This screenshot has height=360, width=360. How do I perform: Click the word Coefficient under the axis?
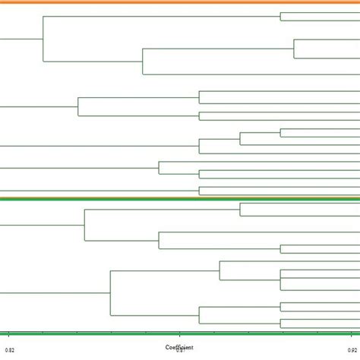tap(180, 346)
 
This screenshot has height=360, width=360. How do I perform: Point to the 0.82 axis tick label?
tap(8, 349)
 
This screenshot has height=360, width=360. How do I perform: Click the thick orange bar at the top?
tap(180, 2)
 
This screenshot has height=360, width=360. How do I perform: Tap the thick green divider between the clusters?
tap(180, 199)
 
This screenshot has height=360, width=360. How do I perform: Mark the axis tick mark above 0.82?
tap(8, 333)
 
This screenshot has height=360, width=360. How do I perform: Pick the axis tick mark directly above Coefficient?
tap(180, 333)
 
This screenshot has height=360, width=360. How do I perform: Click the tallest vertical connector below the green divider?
tap(112, 292)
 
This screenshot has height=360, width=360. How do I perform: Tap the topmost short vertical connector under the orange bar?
tap(281, 17)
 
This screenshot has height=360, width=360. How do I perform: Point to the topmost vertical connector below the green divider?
tap(240, 209)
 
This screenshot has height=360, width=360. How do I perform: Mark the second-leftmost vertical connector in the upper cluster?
tap(77, 106)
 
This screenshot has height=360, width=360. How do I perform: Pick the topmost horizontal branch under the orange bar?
tap(319, 13)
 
